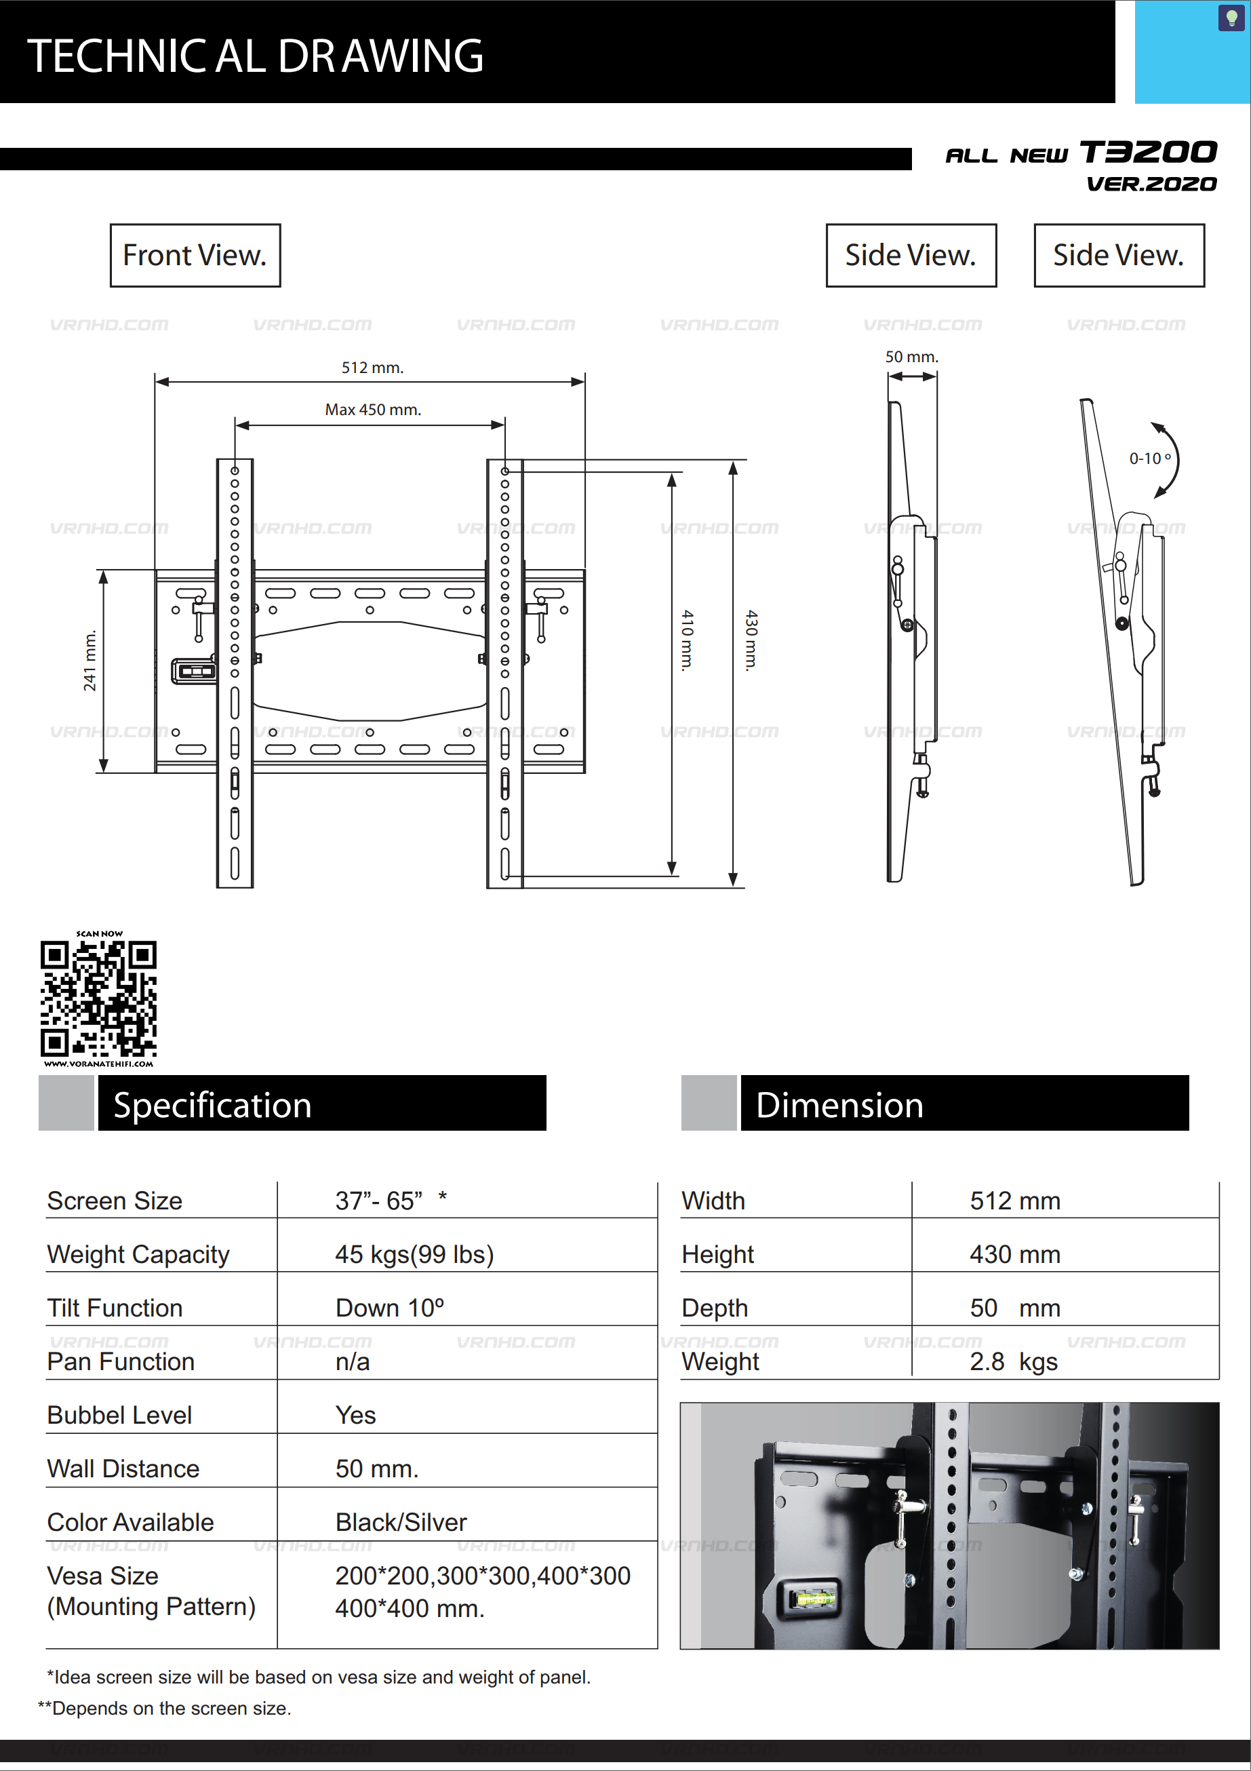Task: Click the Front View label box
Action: [195, 255]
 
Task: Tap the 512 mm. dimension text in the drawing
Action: [372, 367]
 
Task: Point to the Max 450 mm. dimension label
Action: [372, 410]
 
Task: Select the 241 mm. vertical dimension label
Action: [90, 660]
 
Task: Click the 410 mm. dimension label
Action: [686, 640]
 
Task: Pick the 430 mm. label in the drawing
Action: [751, 640]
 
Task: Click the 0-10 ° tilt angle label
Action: [1150, 458]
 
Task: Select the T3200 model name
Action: [1148, 152]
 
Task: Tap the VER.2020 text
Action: [1151, 184]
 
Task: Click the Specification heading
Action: [213, 1104]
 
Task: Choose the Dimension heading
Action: [839, 1104]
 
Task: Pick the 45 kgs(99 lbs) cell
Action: [414, 1254]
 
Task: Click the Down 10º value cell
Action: [389, 1308]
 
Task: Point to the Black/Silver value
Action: [401, 1522]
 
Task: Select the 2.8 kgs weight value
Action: [1014, 1361]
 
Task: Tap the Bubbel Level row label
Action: [119, 1415]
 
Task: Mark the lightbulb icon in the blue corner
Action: [1231, 18]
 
